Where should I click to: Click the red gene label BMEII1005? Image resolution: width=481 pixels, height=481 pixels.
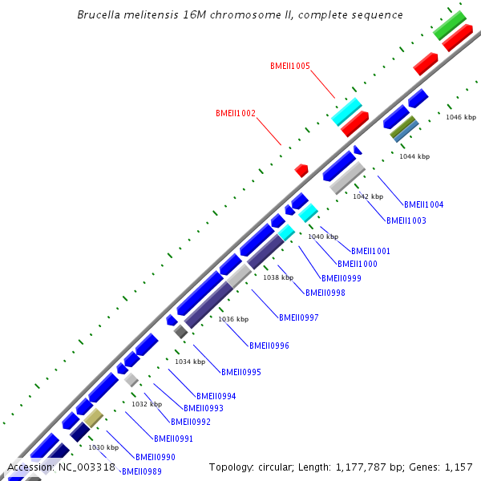pos(290,66)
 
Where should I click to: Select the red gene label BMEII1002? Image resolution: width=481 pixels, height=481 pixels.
pos(236,114)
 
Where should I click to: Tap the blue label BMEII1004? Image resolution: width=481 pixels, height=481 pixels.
pos(423,204)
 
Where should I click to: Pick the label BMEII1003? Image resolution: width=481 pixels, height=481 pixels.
pos(406,220)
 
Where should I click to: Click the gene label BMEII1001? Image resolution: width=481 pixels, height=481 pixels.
pos(370,251)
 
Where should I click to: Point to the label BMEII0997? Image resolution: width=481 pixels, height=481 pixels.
pos(299,317)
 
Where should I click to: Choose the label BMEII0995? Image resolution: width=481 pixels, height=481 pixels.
pos(241,372)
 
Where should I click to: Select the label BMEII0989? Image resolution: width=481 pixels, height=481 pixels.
pos(142,471)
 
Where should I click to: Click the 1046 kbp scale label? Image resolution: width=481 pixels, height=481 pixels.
pos(461,117)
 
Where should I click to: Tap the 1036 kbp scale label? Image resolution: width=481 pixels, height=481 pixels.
pos(234,319)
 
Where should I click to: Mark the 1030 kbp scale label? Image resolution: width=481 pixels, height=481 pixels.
pos(103,447)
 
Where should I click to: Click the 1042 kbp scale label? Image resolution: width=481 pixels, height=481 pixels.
pos(368,196)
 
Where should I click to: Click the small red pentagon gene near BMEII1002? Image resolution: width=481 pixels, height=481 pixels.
pos(301,170)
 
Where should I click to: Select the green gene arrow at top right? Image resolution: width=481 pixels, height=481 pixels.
pos(450,26)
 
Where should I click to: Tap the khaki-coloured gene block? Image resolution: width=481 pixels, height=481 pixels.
pos(94,417)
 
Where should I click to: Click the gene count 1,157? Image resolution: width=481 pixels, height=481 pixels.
pos(457,467)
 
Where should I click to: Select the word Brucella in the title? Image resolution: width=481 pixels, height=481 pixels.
pos(101,15)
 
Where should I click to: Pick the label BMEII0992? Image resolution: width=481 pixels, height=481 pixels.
pos(191,422)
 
